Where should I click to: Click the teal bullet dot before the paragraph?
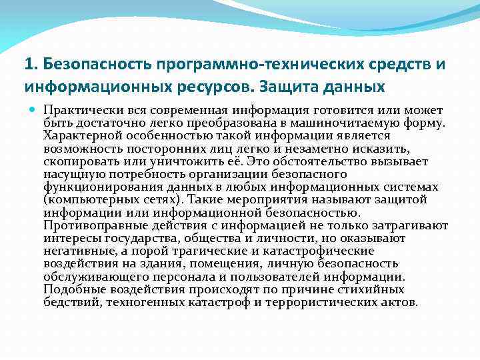click(33, 109)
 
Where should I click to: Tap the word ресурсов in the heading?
click(221, 87)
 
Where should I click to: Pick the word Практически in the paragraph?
click(75, 109)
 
